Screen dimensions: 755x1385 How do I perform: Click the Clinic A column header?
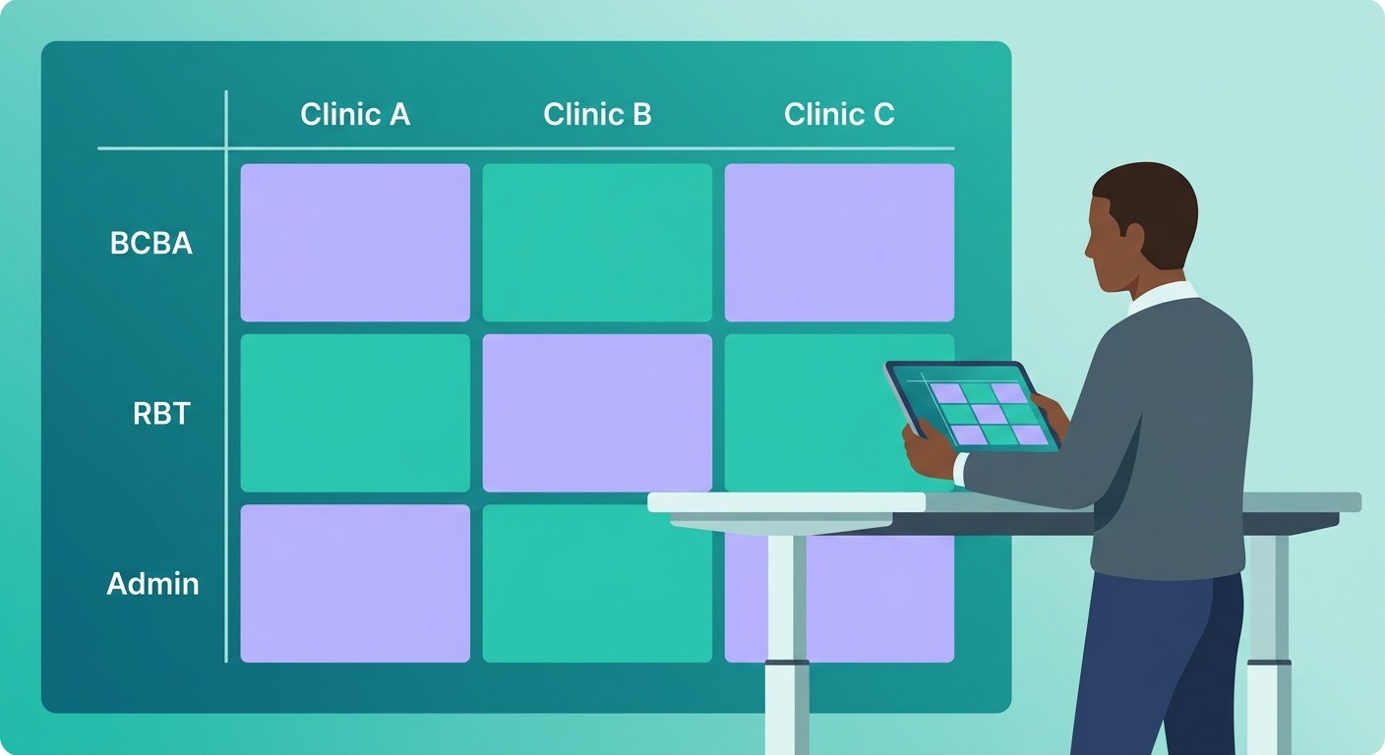pos(355,115)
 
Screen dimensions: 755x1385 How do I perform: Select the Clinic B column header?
pos(597,115)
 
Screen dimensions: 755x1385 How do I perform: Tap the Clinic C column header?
pos(839,115)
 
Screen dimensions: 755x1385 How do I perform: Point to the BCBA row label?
pos(151,244)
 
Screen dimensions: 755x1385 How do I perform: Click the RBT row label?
pos(161,414)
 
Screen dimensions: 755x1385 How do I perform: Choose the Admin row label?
pos(152,584)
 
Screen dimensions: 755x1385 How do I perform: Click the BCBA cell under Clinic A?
pos(355,243)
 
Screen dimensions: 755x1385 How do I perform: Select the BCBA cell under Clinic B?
pos(597,243)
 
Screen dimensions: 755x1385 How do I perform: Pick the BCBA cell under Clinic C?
pos(839,243)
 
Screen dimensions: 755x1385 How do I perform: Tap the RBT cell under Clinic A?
pos(355,413)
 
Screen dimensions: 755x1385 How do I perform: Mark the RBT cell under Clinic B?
pos(597,413)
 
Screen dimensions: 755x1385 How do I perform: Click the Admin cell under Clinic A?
pos(355,583)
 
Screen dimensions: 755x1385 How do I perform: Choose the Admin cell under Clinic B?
pos(597,583)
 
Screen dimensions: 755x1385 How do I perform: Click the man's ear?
pos(1134,237)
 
